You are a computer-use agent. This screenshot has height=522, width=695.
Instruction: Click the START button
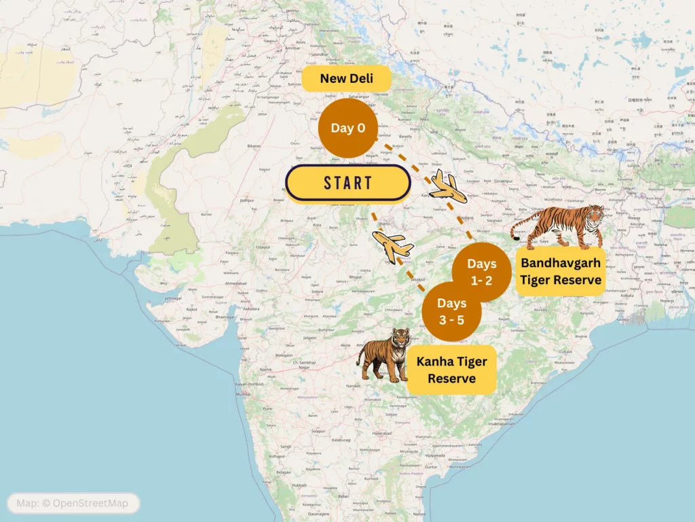[347, 183]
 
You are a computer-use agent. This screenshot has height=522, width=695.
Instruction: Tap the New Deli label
[346, 79]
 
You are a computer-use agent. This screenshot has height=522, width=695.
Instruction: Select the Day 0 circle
[347, 128]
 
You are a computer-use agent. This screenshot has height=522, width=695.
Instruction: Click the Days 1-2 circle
[481, 271]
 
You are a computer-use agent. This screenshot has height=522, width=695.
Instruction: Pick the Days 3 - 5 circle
[451, 311]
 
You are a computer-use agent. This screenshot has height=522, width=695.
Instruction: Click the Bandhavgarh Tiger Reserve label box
[560, 271]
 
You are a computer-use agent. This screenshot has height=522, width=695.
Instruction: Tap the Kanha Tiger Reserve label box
[451, 370]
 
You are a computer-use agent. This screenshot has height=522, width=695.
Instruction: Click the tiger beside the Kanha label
[383, 353]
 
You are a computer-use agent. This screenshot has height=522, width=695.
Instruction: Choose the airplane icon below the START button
[393, 246]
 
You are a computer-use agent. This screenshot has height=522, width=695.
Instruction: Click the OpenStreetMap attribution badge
[73, 503]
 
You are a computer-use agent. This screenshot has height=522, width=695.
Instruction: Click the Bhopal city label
[356, 277]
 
